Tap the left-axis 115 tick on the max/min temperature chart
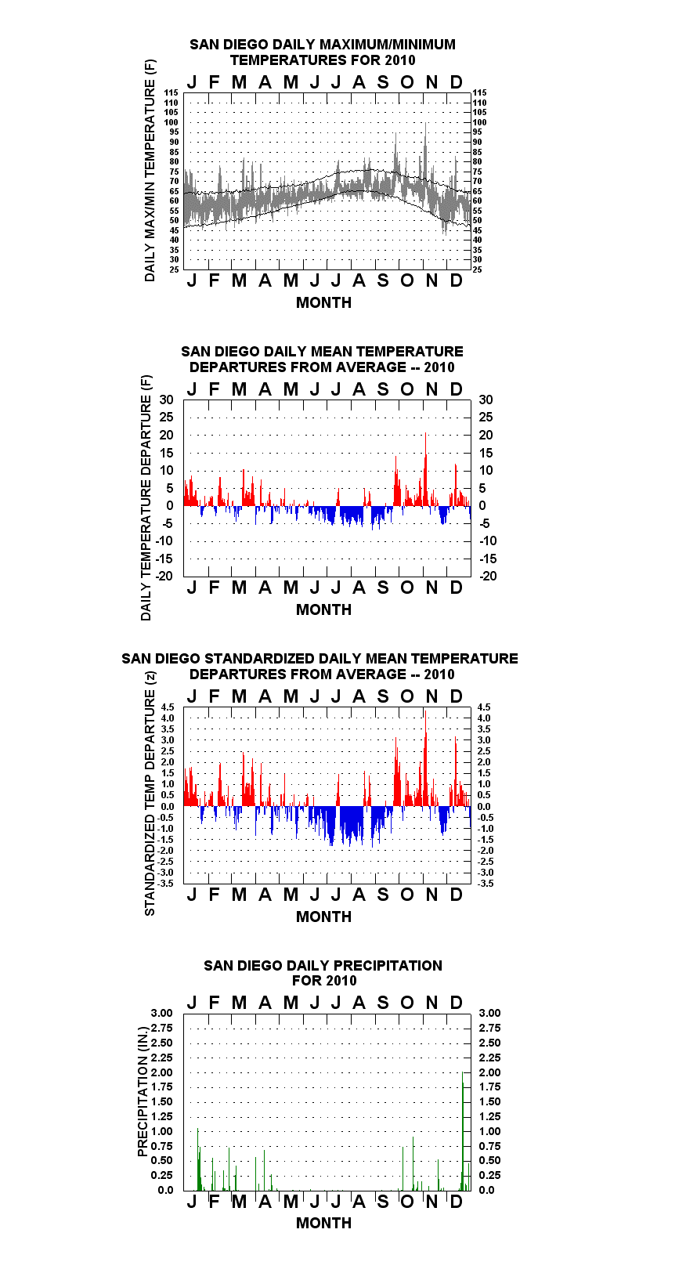click(171, 92)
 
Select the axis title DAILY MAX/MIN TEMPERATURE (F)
click(150, 170)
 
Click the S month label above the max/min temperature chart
click(383, 82)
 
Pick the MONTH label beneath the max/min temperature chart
click(324, 303)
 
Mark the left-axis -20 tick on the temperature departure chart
click(164, 576)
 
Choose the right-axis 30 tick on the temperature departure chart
click(486, 400)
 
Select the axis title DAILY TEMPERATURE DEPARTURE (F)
click(146, 497)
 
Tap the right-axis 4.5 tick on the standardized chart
click(484, 707)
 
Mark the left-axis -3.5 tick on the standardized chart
click(166, 884)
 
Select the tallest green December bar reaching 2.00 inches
click(463, 1131)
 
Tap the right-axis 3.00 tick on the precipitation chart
click(489, 1013)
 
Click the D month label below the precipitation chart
click(456, 1202)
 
